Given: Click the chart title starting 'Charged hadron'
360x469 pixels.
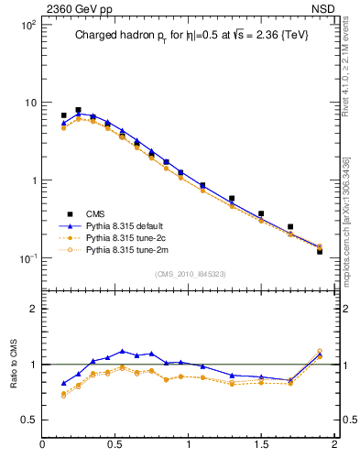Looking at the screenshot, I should point(187,36).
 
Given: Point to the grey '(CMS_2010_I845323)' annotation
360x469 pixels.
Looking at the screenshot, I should point(187,274).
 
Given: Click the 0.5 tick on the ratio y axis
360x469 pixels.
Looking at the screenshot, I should point(28,420).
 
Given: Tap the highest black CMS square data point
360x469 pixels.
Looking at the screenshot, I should point(78,110).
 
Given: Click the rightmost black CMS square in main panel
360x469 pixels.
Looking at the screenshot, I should point(320,251).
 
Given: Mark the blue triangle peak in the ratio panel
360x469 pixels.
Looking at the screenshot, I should point(122,351).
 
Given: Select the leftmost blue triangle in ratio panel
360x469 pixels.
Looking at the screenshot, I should point(63,383).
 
